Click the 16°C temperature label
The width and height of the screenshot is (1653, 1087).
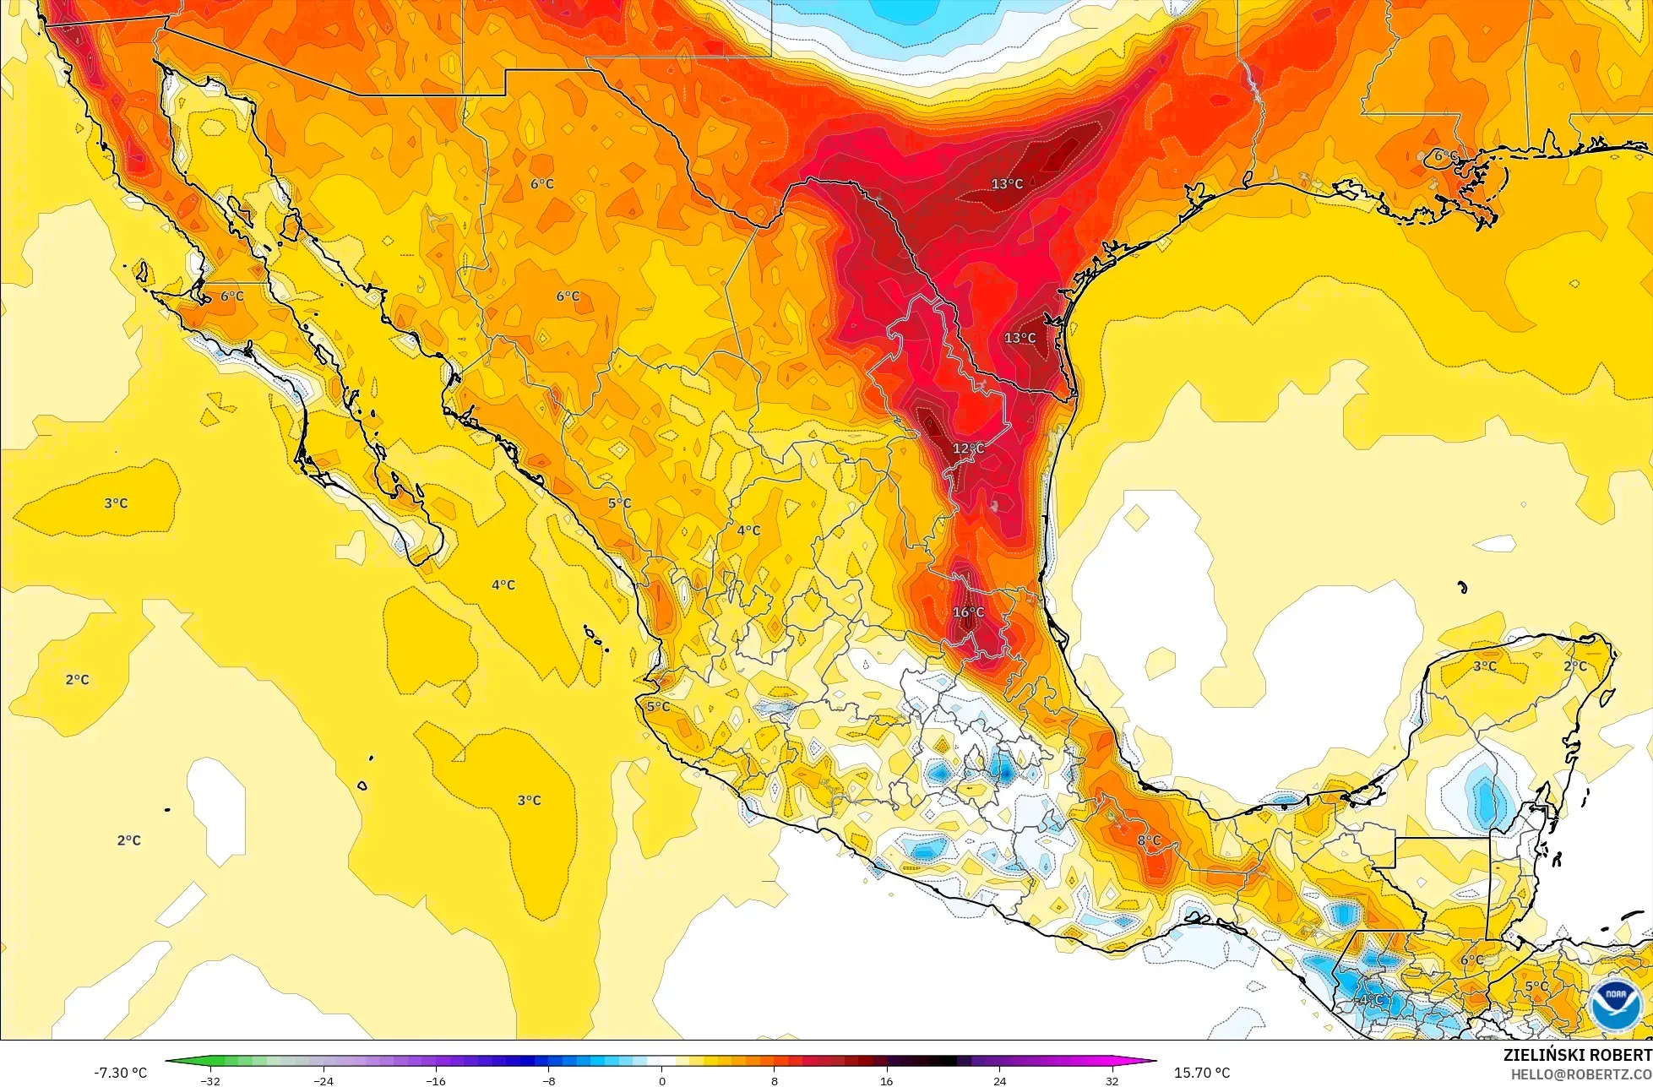pyautogui.click(x=968, y=612)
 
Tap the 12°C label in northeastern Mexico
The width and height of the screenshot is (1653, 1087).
pyautogui.click(x=968, y=448)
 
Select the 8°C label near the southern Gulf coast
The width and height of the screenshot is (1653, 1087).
pyautogui.click(x=1149, y=840)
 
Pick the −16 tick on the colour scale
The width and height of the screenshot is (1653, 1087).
pyautogui.click(x=435, y=1080)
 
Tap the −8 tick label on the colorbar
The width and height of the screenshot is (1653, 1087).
pyautogui.click(x=548, y=1080)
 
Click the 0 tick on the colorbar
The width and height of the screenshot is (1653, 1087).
pyautogui.click(x=661, y=1080)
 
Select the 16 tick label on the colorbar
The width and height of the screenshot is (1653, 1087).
pyautogui.click(x=886, y=1080)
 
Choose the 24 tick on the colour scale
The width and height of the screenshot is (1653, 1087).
pyautogui.click(x=999, y=1080)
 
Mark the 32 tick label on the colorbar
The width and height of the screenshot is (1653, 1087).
pyautogui.click(x=1112, y=1080)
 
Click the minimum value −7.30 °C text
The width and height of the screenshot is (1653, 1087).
pyautogui.click(x=120, y=1073)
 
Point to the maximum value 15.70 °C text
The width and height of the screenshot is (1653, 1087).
pyautogui.click(x=1201, y=1073)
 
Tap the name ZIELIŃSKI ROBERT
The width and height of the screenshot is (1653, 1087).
pyautogui.click(x=1577, y=1055)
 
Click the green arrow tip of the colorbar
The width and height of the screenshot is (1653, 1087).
pyautogui.click(x=170, y=1061)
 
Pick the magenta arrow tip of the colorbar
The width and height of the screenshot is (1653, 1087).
pyautogui.click(x=1151, y=1061)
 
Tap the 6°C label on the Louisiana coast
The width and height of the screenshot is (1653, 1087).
pyautogui.click(x=1445, y=156)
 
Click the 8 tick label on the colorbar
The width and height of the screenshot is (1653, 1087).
pyautogui.click(x=775, y=1080)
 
